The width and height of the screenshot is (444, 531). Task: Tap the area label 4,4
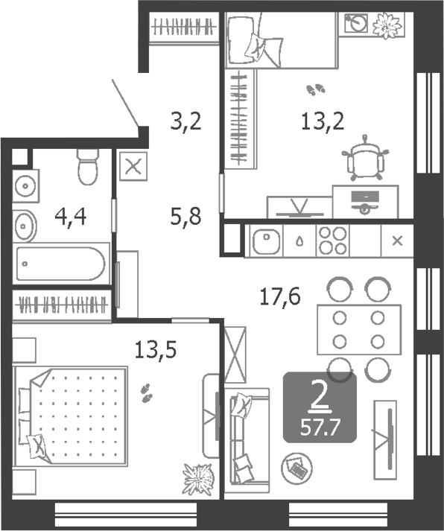71,217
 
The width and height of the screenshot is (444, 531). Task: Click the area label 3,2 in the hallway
185,121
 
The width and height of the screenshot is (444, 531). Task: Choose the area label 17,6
279,297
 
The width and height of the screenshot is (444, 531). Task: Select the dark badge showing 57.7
320,408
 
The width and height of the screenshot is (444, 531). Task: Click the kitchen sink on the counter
264,241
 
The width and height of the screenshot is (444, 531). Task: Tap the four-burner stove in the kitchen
332,241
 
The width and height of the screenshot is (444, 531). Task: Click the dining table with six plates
358,329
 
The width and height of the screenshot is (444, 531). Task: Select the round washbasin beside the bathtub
25,225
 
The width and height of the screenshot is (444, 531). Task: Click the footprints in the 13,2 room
317,89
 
